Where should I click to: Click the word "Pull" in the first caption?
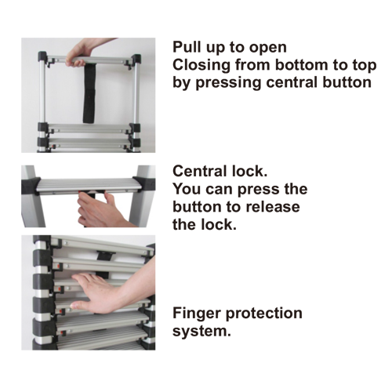point(186,47)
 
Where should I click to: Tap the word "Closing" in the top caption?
point(201,65)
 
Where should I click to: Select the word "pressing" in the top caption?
point(228,83)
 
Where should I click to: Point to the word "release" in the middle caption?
point(273,207)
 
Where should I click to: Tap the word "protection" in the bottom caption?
point(264,313)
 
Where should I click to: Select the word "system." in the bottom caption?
point(201,332)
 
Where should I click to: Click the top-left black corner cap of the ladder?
point(42,56)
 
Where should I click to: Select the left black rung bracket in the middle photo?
point(31,187)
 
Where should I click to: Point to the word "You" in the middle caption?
point(187,189)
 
